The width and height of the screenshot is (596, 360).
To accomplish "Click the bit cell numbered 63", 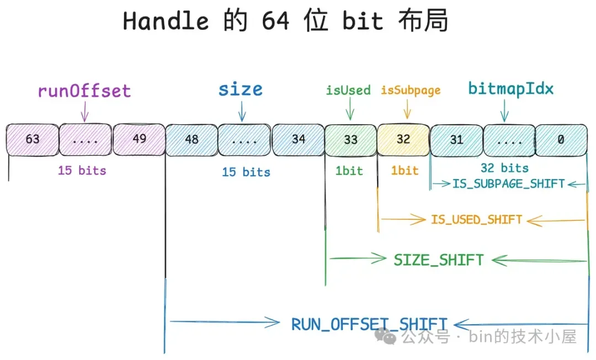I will click(x=32, y=139).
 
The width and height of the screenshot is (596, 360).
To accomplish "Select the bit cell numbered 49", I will click(x=139, y=139).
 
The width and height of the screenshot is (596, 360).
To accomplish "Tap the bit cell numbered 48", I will click(x=191, y=139).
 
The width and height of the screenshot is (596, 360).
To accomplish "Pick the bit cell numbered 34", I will click(x=298, y=139).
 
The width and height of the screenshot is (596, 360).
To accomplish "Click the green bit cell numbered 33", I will click(x=350, y=139).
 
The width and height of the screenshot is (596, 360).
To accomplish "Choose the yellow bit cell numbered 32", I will click(x=403, y=139).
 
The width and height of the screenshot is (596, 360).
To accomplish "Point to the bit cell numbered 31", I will click(x=456, y=139).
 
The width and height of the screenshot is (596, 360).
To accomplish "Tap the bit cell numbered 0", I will click(x=561, y=139).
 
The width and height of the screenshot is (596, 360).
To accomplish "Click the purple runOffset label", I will click(x=84, y=91).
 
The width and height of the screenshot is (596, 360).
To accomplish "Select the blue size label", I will click(x=240, y=89).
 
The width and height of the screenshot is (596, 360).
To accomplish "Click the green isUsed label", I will click(x=348, y=90).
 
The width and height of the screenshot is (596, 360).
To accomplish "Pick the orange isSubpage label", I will click(x=411, y=90).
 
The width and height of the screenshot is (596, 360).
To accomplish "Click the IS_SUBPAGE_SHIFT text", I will click(x=508, y=184).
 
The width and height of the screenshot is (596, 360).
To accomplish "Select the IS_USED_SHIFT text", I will click(x=476, y=219).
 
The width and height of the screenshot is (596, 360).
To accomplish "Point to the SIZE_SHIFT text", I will click(x=439, y=260).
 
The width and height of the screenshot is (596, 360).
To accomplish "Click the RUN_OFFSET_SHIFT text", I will click(x=369, y=324).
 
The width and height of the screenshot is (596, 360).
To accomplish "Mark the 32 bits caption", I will click(x=504, y=168).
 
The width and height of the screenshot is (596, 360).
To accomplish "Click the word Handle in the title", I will click(x=166, y=22).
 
